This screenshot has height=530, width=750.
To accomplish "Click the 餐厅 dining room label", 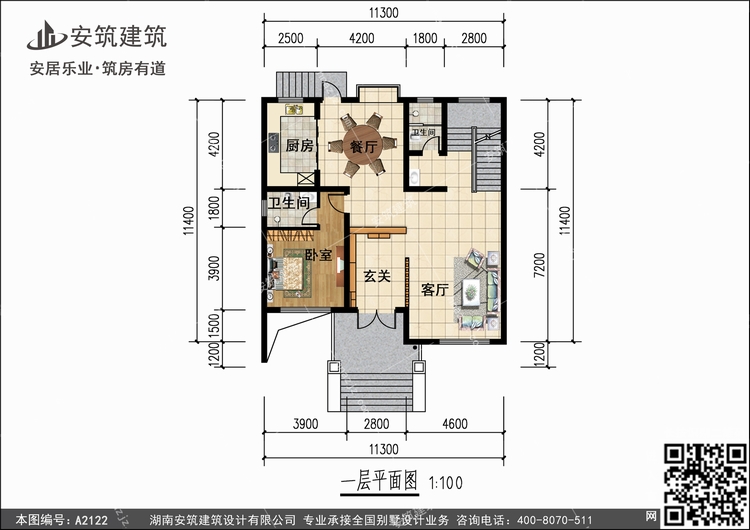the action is click(x=364, y=146).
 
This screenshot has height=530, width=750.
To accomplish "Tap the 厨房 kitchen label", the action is click(x=300, y=145).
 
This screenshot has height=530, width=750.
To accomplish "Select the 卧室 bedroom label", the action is click(x=319, y=255).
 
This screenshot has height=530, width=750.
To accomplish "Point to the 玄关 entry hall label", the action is click(x=377, y=276).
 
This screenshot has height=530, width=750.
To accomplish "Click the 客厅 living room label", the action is click(x=434, y=289).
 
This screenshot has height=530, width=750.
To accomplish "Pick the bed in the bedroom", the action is click(x=289, y=273).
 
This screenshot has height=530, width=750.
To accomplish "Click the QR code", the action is click(x=705, y=484).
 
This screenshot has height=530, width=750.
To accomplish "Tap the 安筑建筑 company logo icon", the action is click(x=46, y=35).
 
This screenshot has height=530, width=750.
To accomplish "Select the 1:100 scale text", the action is click(x=446, y=483).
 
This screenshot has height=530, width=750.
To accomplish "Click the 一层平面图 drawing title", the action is click(x=379, y=481).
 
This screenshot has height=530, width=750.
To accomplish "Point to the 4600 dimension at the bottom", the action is click(x=454, y=423).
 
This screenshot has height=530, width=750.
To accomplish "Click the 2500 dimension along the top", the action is click(x=290, y=38).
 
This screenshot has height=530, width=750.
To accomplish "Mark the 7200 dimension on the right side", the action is click(x=539, y=265).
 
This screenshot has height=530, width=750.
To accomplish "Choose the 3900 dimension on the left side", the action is click(x=214, y=268).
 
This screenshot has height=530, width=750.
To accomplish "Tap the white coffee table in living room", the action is click(x=472, y=290).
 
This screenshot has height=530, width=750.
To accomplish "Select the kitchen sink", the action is click(x=294, y=110).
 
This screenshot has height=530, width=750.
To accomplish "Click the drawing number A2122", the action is click(x=91, y=520).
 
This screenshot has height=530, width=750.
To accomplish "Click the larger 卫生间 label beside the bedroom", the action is click(x=288, y=203).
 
